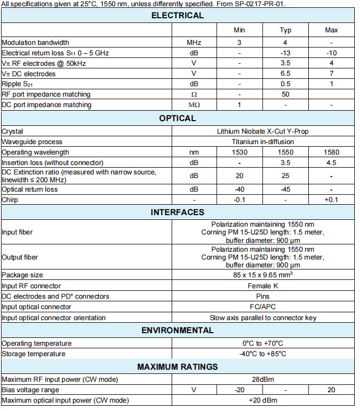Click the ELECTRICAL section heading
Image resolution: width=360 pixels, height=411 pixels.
point(177,16)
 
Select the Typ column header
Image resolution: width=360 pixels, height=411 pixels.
point(285,30)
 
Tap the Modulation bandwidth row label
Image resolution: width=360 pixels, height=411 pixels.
point(35,42)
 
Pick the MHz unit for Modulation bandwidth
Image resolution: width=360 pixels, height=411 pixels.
point(194,42)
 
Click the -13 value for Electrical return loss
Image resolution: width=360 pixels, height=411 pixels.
point(285,53)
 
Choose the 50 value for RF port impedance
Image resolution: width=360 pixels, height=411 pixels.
point(285,95)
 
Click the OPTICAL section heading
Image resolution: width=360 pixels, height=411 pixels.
point(177,119)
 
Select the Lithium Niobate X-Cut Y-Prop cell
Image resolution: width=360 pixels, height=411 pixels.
point(262,132)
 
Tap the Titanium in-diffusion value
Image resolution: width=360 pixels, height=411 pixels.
point(262,142)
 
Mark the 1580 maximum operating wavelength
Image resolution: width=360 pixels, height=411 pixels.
point(331,152)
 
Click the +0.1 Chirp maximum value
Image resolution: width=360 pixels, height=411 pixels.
point(331,200)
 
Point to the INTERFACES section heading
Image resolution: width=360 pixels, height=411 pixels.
point(177,213)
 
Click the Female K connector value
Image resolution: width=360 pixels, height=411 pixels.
point(262,286)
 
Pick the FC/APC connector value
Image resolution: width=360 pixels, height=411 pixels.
point(262,307)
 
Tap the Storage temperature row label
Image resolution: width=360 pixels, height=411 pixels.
point(33,354)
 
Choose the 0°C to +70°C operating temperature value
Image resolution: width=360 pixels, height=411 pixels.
point(262,344)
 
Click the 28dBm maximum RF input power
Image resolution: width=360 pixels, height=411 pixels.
point(262,379)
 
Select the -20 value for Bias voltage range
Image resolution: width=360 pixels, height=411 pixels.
point(239,390)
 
